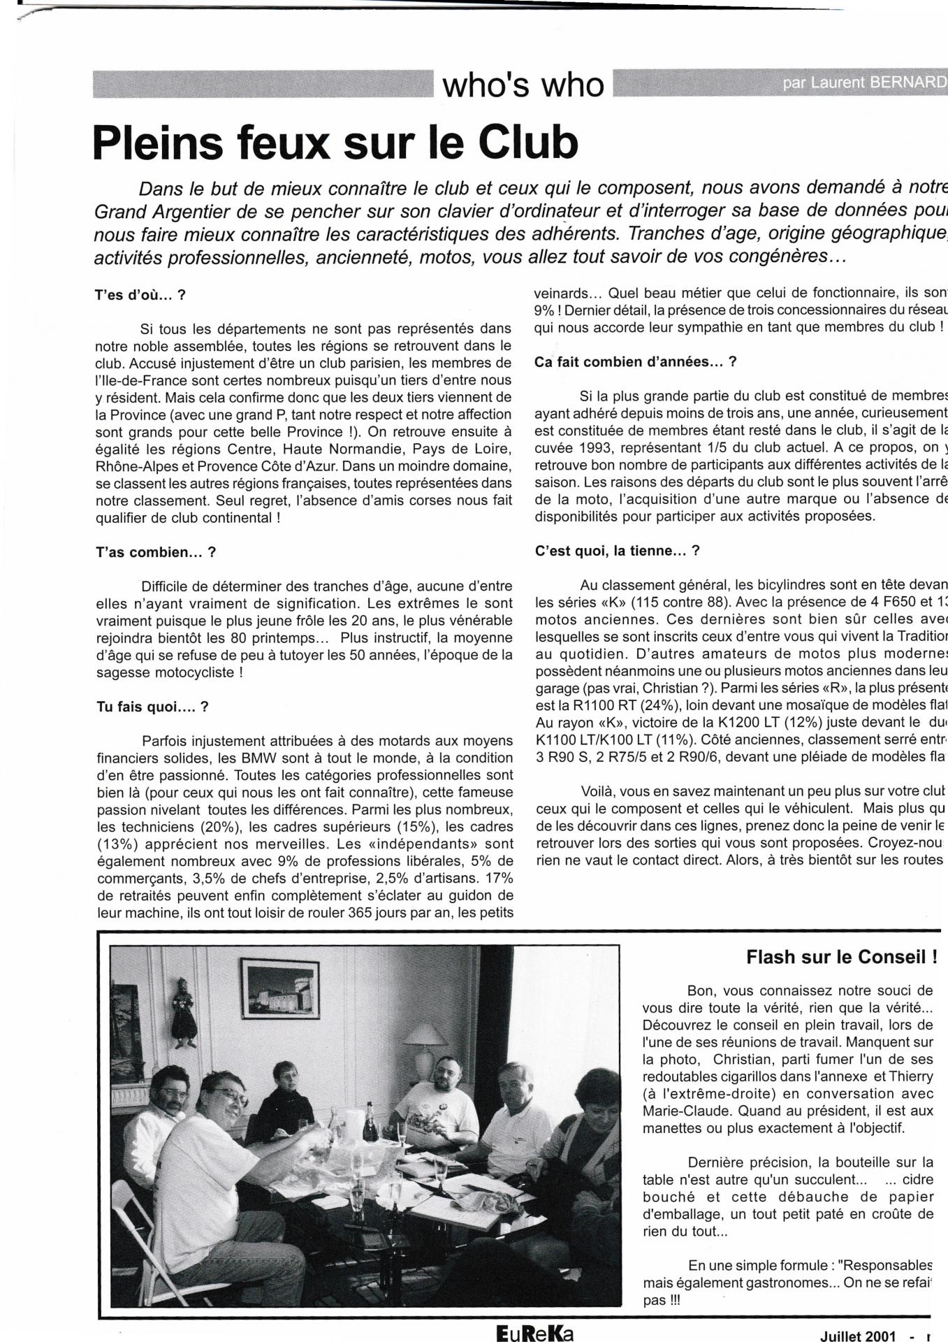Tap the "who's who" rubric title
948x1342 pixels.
point(523,85)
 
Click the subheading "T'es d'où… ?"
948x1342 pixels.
point(140,295)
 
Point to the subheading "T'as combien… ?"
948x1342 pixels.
point(155,552)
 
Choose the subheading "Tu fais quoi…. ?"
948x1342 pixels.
point(152,707)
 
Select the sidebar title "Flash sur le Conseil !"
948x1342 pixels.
point(841,957)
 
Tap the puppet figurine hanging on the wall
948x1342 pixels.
point(184,1013)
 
